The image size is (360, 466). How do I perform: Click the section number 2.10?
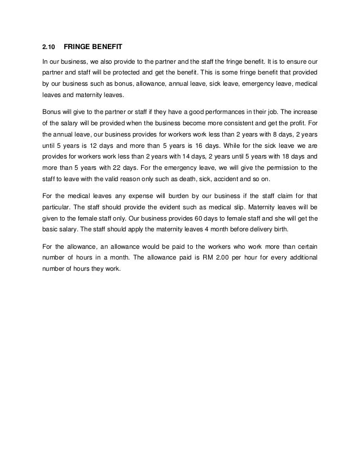click(x=49, y=47)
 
